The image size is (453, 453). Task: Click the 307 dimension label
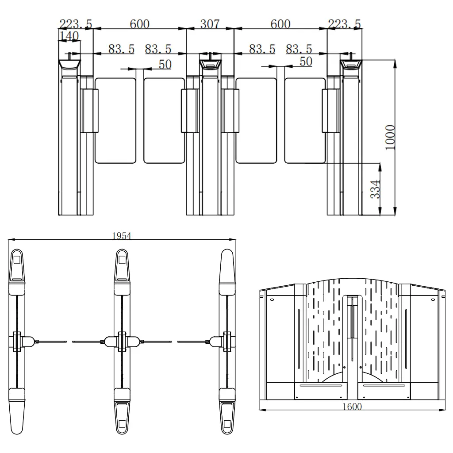210,24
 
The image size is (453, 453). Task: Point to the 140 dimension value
69,36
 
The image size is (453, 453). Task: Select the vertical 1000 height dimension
390,137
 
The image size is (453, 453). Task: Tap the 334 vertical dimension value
375,189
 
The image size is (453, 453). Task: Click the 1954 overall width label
122,236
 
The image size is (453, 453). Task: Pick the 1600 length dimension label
352,407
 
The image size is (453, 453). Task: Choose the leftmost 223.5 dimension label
76,24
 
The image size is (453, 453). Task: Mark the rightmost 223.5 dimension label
344,24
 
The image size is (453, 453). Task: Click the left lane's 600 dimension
139,24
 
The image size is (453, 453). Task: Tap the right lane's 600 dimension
280,24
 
